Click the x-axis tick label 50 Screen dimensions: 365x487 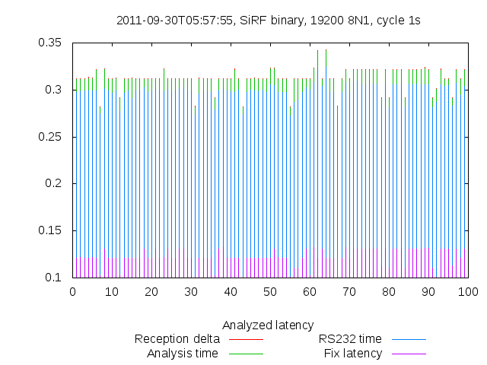pos(270,291)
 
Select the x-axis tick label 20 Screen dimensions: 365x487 pos(151,291)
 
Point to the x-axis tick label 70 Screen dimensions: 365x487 pos(349,291)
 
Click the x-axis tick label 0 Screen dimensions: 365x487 pos(73,291)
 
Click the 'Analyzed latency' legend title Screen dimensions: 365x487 pos(268,325)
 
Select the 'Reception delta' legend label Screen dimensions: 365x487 pos(177,339)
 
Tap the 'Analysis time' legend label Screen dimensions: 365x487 pos(182,354)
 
